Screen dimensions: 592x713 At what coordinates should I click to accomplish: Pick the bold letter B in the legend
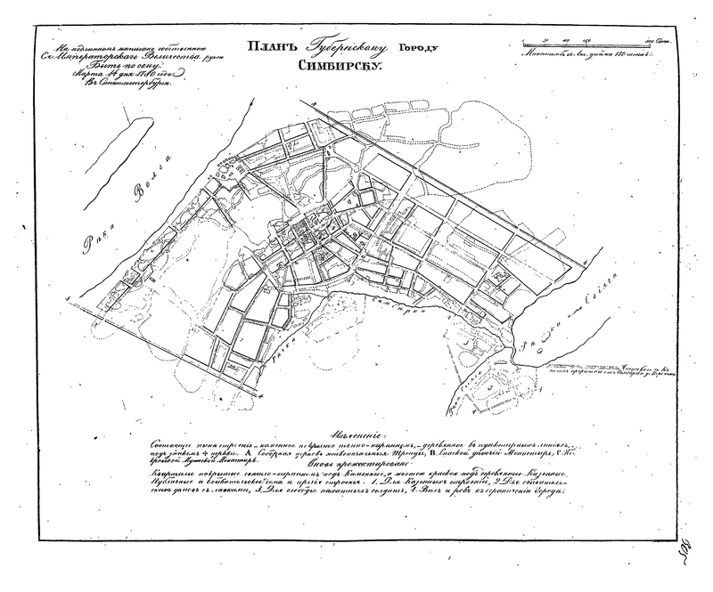click(418, 453)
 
